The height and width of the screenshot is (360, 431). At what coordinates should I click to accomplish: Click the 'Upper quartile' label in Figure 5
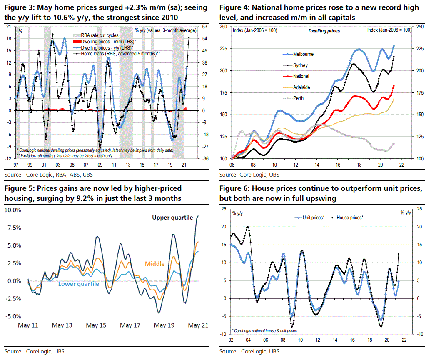[172, 217]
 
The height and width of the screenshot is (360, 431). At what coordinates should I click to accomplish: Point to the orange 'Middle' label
[154, 264]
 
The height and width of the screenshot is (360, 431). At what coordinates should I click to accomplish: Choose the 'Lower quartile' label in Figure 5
[78, 284]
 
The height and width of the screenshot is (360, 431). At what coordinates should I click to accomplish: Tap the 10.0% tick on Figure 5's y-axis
[12, 210]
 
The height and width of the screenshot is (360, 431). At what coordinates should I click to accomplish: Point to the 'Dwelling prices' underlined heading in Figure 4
[324, 31]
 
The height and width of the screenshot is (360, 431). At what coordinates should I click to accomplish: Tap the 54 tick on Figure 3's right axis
[205, 39]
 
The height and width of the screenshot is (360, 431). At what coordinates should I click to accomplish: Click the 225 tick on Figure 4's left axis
[224, 49]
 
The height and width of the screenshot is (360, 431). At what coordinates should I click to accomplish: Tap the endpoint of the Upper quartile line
[198, 216]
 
